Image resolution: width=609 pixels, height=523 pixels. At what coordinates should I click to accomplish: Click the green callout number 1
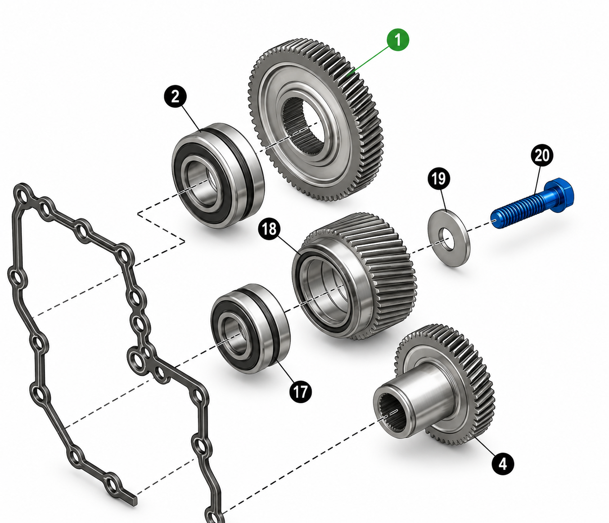(x=397, y=40)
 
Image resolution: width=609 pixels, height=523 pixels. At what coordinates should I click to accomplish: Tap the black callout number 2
(x=175, y=97)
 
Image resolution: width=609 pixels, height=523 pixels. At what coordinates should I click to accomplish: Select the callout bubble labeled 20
(x=542, y=155)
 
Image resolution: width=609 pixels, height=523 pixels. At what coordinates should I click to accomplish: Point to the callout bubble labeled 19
(x=439, y=179)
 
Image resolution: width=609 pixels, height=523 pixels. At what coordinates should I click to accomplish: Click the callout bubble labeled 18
(x=269, y=228)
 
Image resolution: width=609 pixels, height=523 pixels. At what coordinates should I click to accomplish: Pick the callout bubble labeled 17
(x=300, y=392)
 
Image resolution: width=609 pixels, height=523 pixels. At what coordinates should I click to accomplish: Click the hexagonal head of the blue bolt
(x=559, y=195)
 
